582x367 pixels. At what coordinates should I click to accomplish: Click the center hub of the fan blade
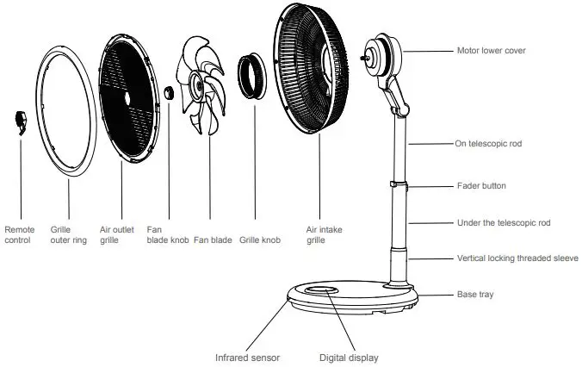click(x=198, y=85)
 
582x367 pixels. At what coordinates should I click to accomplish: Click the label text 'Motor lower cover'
click(x=491, y=51)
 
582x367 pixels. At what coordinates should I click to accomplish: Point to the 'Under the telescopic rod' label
click(x=503, y=223)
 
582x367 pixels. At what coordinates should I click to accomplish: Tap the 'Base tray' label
click(x=474, y=295)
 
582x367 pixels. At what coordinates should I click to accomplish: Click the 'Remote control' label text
click(x=20, y=235)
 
